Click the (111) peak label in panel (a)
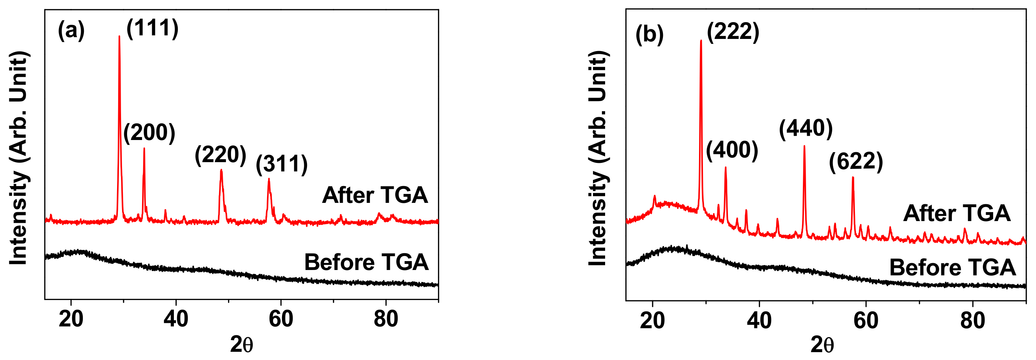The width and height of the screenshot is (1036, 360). tap(152, 29)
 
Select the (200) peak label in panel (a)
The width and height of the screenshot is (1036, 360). tap(149, 133)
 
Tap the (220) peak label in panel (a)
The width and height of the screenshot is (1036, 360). tap(220, 155)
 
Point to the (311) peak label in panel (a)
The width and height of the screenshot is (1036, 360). tap(282, 164)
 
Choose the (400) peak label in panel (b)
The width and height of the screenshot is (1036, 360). tap(732, 150)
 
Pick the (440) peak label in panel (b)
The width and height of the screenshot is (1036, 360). tap(805, 129)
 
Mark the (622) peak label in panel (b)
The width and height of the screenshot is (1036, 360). tap(856, 162)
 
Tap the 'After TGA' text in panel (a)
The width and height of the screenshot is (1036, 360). tap(375, 195)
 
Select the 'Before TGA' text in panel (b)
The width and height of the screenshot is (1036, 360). tap(952, 268)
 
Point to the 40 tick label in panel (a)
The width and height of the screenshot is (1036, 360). tap(176, 319)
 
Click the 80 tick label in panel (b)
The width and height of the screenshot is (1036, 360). tap(972, 321)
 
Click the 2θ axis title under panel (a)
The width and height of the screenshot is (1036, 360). tap(241, 344)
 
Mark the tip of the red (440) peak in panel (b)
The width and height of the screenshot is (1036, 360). tap(804, 146)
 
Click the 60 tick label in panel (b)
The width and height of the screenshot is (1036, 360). tap(866, 321)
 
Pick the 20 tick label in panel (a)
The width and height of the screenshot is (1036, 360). tap(71, 319)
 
